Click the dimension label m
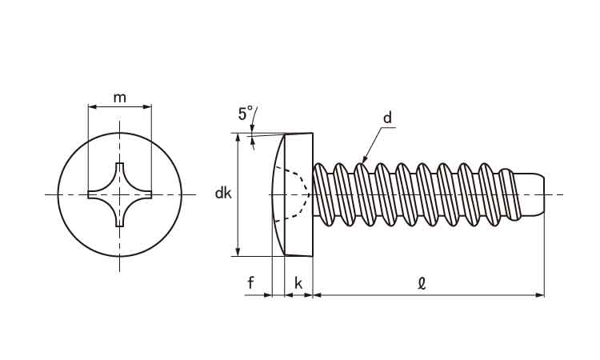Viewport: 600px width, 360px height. pyautogui.click(x=119, y=98)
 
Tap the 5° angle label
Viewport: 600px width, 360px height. pyautogui.click(x=246, y=113)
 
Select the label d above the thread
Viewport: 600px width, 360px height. pyautogui.click(x=387, y=118)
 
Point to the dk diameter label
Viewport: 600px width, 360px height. pyautogui.click(x=223, y=193)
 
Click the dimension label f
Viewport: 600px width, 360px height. pyautogui.click(x=250, y=282)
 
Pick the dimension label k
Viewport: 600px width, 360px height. pyautogui.click(x=298, y=282)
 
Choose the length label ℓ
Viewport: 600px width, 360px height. pyautogui.click(x=422, y=282)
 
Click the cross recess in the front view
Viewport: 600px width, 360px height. pyautogui.click(x=119, y=194)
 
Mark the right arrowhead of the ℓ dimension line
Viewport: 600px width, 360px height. pyautogui.click(x=540, y=295)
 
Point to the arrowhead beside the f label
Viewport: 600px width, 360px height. pyautogui.click(x=268, y=295)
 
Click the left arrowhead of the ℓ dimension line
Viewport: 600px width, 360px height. pyautogui.click(x=316, y=295)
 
